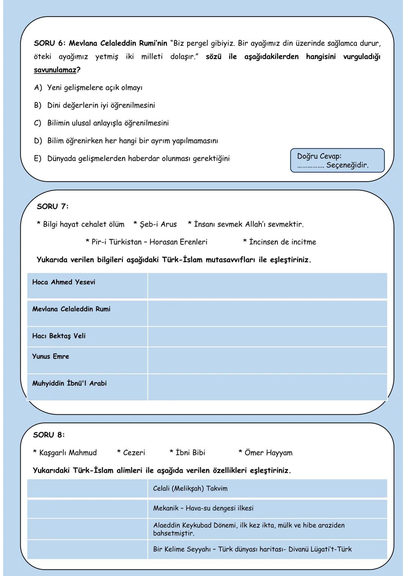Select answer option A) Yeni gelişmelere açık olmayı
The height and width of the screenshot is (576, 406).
(88, 88)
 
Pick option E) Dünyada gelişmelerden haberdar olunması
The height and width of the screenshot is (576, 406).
(132, 158)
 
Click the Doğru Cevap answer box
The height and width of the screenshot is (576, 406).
(337, 161)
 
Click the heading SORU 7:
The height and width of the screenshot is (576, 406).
(53, 206)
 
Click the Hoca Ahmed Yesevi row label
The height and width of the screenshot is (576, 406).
(64, 282)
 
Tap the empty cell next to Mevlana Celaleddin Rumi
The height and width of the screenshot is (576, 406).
(267, 313)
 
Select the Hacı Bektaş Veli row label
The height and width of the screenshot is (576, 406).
(59, 336)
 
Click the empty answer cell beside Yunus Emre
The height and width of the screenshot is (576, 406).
(267, 360)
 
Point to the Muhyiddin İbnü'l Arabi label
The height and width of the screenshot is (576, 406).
(69, 383)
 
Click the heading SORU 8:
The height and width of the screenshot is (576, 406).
(49, 435)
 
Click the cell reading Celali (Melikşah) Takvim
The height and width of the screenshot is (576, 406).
(190, 489)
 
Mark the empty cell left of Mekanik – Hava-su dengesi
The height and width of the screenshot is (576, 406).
(87, 508)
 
